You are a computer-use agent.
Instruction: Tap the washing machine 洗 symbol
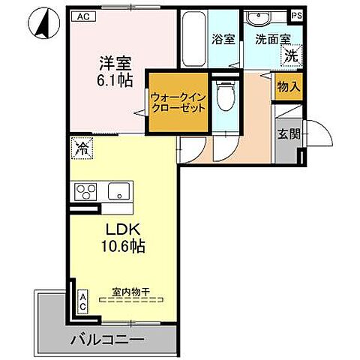pyautogui.click(x=289, y=54)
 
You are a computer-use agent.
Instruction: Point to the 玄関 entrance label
pyautogui.click(x=289, y=135)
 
